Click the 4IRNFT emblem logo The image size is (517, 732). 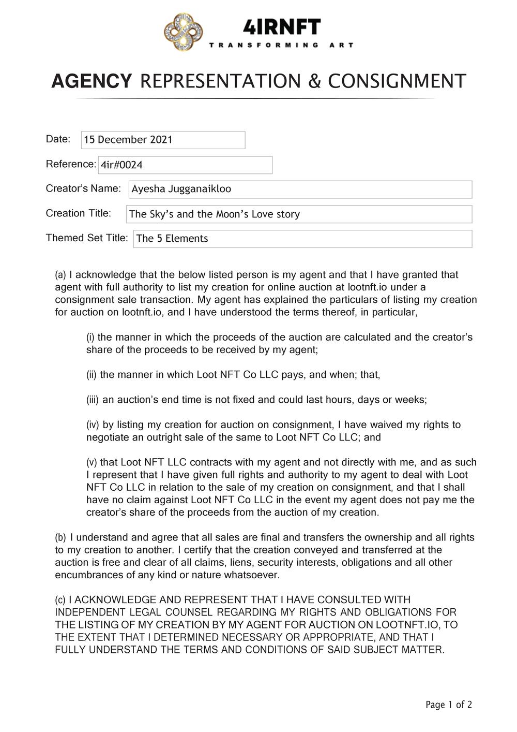(x=184, y=33)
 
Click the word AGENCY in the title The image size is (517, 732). (x=92, y=81)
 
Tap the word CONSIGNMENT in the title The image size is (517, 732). (x=397, y=81)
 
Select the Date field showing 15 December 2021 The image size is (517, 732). (x=163, y=140)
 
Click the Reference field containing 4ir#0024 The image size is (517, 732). (x=185, y=165)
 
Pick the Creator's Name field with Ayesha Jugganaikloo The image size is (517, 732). (x=300, y=189)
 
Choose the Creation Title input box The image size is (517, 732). (x=299, y=214)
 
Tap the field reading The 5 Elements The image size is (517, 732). (x=302, y=239)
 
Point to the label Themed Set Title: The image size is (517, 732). (x=86, y=238)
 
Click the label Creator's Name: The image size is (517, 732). (x=83, y=188)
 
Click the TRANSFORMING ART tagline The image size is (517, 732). (x=281, y=45)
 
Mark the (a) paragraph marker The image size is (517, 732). (x=60, y=275)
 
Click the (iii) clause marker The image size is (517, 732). (x=93, y=400)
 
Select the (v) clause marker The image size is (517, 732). (x=92, y=462)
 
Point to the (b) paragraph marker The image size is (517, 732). (x=60, y=537)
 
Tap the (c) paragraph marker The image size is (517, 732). (x=60, y=600)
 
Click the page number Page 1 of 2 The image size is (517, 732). (x=448, y=705)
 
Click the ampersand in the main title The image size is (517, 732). (x=314, y=81)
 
